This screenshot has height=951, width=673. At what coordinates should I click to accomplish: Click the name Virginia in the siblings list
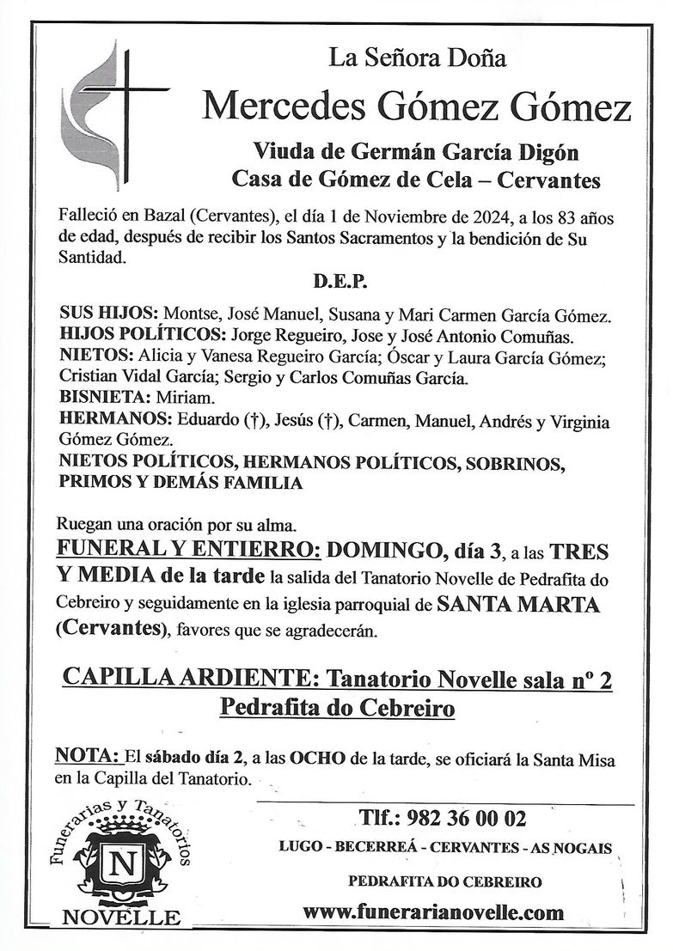(x=576, y=422)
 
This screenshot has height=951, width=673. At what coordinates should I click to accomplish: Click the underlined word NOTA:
(x=86, y=757)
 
